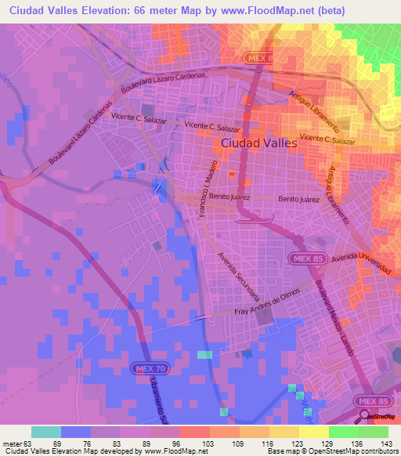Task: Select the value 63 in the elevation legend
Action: (28, 444)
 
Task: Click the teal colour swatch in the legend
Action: (46, 432)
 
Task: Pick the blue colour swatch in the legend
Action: (76, 432)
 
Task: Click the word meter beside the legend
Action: (12, 444)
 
